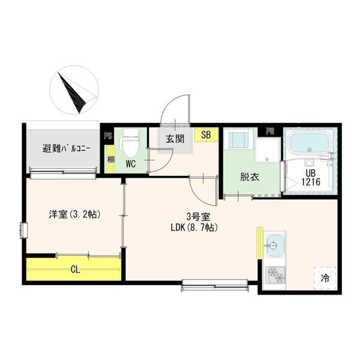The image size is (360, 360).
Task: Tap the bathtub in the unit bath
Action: (308, 143)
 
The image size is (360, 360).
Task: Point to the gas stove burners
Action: (275, 275)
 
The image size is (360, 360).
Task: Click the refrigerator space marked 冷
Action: (325, 278)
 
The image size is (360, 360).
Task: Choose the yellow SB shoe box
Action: (206, 135)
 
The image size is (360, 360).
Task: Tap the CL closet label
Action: (76, 270)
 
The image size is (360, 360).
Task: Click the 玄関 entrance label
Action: (175, 139)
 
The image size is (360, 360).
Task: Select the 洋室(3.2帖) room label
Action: (75, 214)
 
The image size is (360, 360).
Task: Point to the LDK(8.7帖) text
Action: (194, 228)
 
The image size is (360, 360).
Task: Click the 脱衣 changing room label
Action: (250, 177)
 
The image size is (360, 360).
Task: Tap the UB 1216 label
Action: (310, 177)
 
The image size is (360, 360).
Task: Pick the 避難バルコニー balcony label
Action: (67, 149)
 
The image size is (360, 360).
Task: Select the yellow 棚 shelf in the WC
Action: (111, 159)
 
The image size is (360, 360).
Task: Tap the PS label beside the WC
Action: (108, 136)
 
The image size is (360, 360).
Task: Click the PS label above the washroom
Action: (270, 131)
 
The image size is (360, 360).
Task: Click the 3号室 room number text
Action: (198, 217)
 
